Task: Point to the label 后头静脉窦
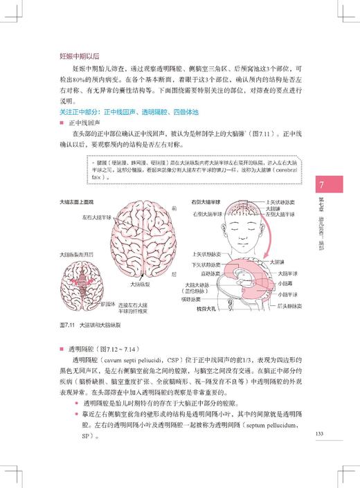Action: [284, 305]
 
